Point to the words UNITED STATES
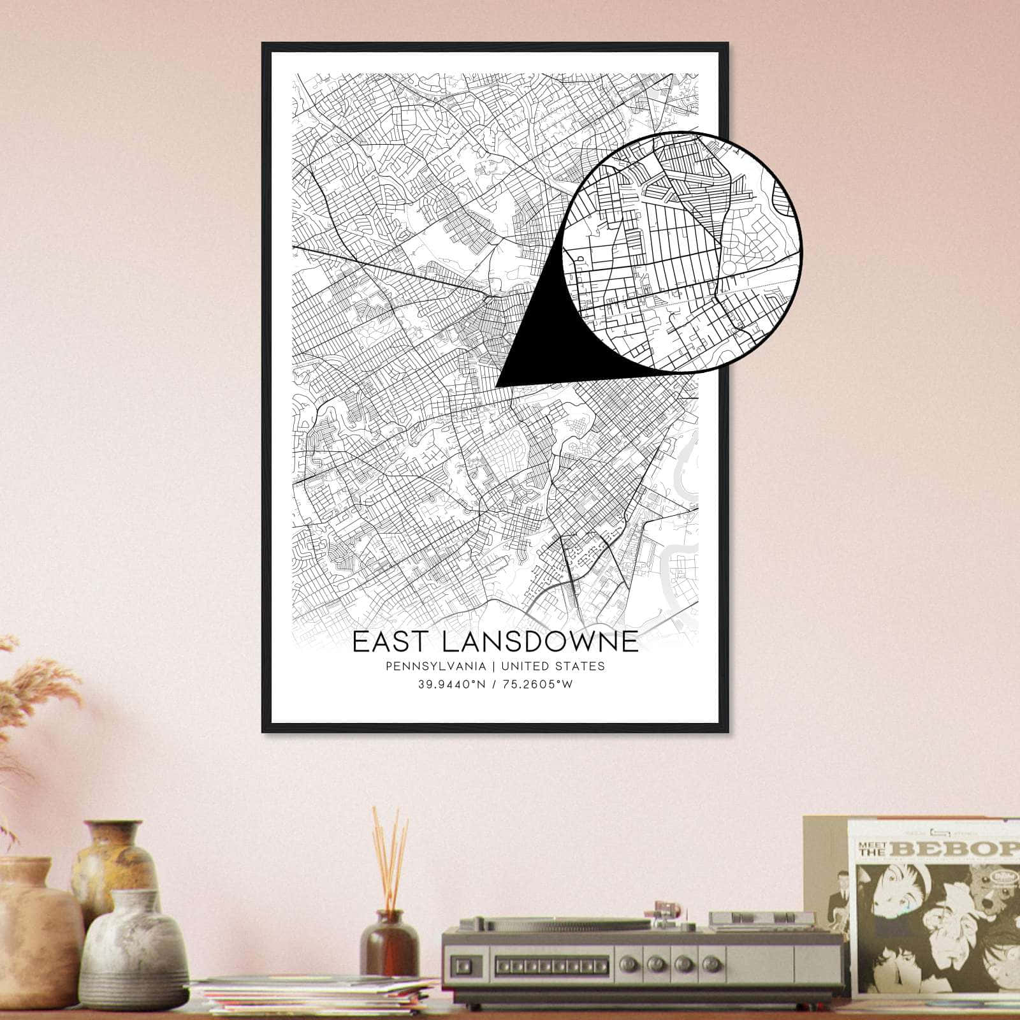tap(553, 666)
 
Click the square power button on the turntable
tap(468, 963)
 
